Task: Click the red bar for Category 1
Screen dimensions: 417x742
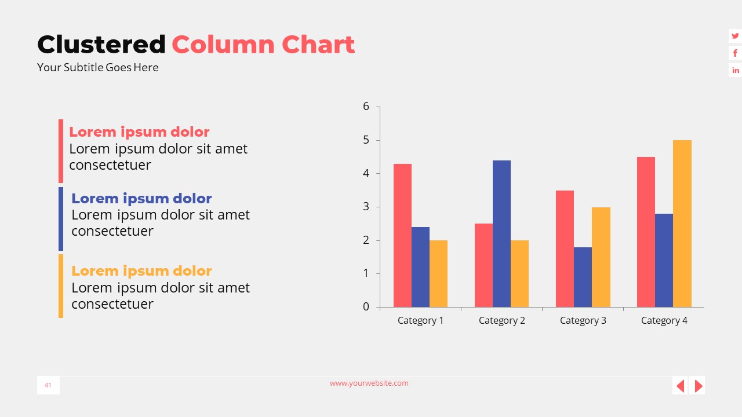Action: point(402,235)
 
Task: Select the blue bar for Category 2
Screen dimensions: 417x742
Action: point(501,233)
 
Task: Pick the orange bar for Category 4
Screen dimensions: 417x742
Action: point(682,224)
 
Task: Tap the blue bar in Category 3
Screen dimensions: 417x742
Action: point(583,277)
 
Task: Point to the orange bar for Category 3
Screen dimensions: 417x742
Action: point(601,257)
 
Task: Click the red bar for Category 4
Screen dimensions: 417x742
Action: point(646,232)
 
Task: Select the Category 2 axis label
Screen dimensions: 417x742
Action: point(501,320)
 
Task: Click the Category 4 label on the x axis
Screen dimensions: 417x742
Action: point(664,320)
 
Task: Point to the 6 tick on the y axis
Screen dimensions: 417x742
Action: point(366,106)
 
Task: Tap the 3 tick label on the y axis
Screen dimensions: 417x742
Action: point(366,207)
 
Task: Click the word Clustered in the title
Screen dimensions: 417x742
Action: point(101,45)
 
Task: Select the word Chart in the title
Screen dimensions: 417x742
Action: point(318,45)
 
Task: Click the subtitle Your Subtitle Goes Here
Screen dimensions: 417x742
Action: point(98,67)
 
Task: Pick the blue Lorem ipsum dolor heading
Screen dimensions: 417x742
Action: point(141,199)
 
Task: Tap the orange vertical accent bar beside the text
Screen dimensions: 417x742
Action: point(61,286)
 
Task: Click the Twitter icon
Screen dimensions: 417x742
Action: point(735,36)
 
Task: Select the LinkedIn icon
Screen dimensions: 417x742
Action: point(735,70)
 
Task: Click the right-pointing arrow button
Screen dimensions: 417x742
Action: point(698,386)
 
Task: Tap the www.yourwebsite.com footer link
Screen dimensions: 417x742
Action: point(369,383)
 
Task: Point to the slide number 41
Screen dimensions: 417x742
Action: point(48,385)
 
